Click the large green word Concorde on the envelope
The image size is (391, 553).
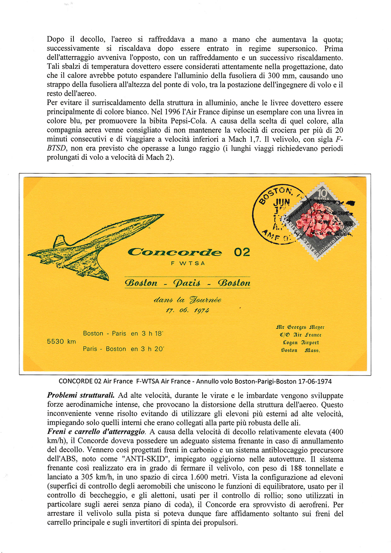[x=175, y=252]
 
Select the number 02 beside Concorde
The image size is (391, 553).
[x=242, y=252]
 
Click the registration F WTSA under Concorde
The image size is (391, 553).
[x=188, y=263]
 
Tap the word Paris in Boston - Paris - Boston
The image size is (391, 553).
[x=187, y=283]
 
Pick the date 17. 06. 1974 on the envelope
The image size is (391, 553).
[x=187, y=310]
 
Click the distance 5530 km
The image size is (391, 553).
[x=61, y=342]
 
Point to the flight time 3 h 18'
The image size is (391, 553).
[x=152, y=333]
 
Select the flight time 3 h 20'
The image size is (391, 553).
[x=152, y=349]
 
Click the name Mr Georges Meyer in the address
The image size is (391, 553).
[x=300, y=327]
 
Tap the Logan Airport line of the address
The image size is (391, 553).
[x=301, y=342]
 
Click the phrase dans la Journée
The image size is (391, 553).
[x=187, y=300]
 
